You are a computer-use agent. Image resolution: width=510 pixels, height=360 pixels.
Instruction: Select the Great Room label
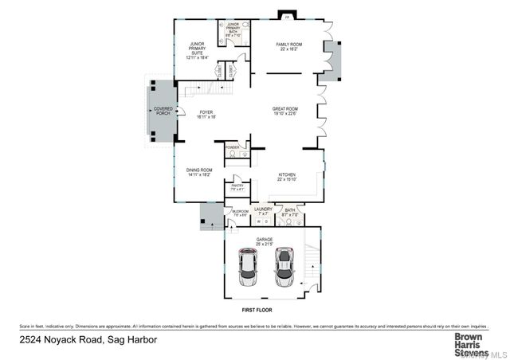pyautogui.click(x=285, y=111)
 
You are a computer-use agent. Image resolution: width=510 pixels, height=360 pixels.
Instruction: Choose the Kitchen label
pyautogui.click(x=287, y=176)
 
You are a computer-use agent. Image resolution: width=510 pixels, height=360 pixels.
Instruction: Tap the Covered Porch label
pyautogui.click(x=163, y=112)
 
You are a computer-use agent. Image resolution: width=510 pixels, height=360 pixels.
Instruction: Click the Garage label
pyautogui.click(x=264, y=241)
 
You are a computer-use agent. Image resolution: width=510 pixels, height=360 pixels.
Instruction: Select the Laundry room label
pyautogui.click(x=263, y=211)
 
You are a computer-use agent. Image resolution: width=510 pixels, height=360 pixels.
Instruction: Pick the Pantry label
pyautogui.click(x=237, y=188)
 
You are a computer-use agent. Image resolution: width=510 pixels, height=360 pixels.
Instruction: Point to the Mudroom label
pyautogui.click(x=240, y=212)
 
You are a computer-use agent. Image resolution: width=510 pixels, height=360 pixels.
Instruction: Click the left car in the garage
pyautogui.click(x=249, y=267)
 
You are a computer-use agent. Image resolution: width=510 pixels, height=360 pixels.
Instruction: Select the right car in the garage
pyautogui.click(x=284, y=267)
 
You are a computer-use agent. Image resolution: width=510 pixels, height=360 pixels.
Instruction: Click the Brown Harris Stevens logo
pyautogui.click(x=470, y=344)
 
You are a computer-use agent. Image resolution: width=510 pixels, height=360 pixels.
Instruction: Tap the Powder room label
pyautogui.click(x=233, y=147)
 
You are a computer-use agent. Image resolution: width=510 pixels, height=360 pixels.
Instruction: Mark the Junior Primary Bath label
pyautogui.click(x=234, y=31)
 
